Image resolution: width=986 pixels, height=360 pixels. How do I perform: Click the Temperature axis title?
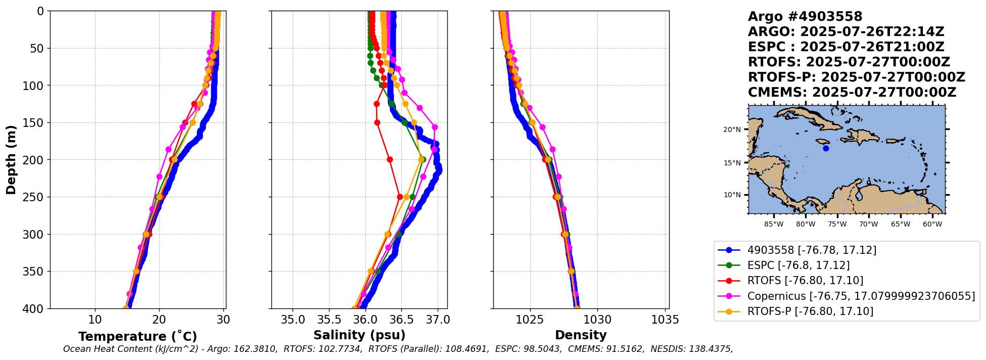tap(137, 337)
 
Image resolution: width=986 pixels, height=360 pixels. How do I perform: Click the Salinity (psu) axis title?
tap(359, 335)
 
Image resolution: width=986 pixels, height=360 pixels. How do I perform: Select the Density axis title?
tap(581, 335)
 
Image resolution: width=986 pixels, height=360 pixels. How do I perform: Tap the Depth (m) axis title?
tap(11, 159)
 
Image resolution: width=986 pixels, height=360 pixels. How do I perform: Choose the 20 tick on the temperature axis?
tap(159, 320)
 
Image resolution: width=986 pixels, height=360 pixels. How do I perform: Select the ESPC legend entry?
tap(798, 265)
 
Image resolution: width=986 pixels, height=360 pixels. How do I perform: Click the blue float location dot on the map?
tap(826, 148)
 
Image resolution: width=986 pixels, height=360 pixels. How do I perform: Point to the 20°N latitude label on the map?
tap(732, 129)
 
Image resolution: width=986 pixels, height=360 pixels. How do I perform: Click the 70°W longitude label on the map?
tap(869, 224)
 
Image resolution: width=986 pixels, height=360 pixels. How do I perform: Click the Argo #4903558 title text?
tap(805, 17)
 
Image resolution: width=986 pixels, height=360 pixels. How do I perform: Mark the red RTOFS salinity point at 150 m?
tap(377, 122)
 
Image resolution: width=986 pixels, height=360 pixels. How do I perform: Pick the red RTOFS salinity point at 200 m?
tap(390, 159)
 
